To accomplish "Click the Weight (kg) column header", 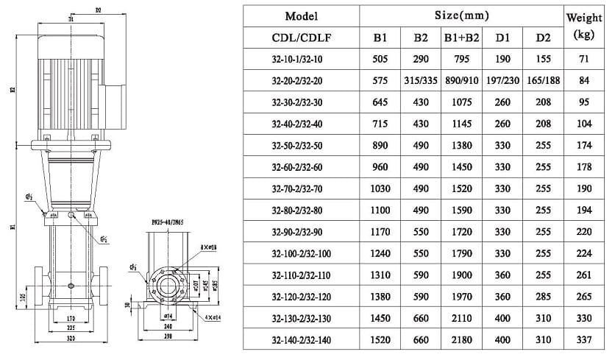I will click(593, 26).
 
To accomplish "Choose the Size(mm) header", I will click(462, 15).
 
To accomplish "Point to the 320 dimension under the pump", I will click(68, 340).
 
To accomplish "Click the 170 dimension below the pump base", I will click(69, 317).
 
